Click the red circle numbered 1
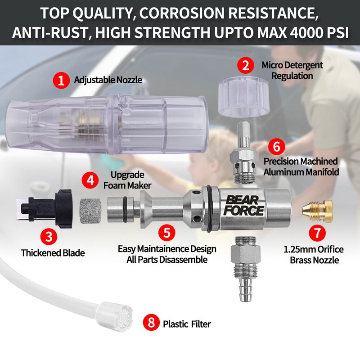click(61, 81)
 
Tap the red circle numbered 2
click(246, 65)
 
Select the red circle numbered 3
click(49, 236)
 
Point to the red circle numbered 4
click(90, 180)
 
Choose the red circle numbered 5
click(167, 232)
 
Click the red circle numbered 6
click(276, 147)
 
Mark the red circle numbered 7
click(317, 233)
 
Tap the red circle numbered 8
click(151, 322)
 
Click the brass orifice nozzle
click(317, 210)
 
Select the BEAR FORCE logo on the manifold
click(243, 206)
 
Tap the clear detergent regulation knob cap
click(242, 97)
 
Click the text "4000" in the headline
click(306, 33)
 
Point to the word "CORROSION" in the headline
click(183, 13)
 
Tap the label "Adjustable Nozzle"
click(108, 80)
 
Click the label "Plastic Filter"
click(187, 324)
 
